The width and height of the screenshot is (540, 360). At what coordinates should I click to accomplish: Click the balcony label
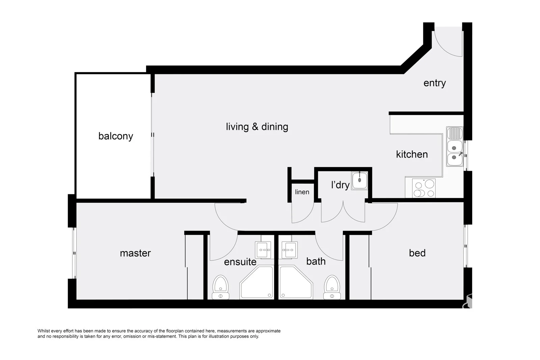pos(115,136)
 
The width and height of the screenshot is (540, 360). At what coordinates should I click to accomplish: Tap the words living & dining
pos(257,127)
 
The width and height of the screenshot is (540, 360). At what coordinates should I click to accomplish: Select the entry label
pos(435,83)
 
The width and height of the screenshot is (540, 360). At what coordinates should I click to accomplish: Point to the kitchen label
pos(412,154)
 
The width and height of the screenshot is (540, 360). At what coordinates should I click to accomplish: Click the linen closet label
pos(302,192)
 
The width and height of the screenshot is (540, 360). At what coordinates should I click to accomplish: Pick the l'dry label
pos(341,185)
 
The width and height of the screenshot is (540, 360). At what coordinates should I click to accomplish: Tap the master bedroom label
pos(135,253)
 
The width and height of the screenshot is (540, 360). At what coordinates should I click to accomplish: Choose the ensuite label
pos(240,262)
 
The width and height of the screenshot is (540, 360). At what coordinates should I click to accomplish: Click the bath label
pos(316,261)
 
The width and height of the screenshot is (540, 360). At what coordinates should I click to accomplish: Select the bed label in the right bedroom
pos(417,253)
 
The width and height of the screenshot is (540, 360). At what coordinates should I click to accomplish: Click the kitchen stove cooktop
pos(424,188)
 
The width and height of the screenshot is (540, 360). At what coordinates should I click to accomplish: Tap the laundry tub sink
pos(359,180)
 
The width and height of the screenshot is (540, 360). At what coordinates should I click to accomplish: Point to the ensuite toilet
pos(221,287)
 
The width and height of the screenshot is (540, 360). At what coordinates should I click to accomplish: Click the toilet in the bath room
pos(332,287)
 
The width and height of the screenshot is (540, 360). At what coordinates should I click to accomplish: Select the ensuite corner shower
pos(257,282)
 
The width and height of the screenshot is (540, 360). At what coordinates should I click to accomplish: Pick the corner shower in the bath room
pos(296,282)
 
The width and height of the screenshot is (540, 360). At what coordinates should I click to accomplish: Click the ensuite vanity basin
pos(263,250)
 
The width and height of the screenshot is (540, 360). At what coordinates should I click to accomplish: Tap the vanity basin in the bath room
pos(290,250)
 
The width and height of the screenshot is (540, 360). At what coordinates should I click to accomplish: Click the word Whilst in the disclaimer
pos(44,331)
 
